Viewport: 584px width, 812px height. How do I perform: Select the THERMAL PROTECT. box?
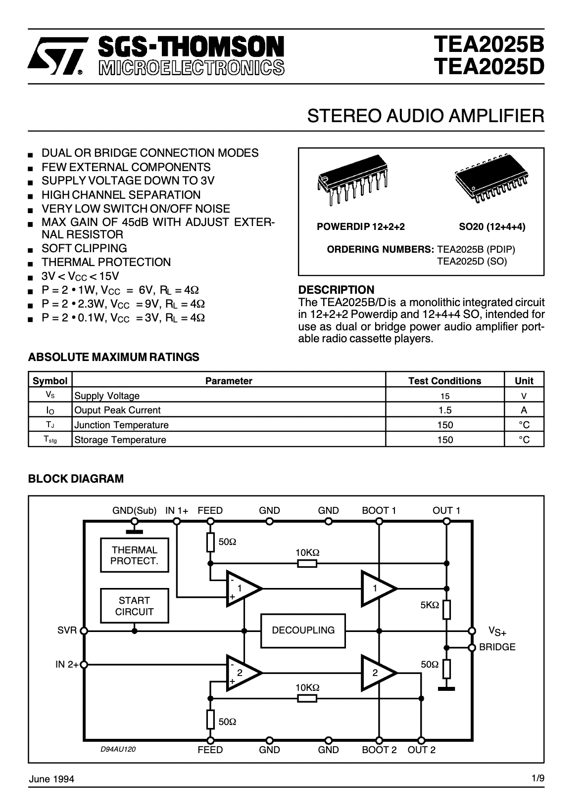point(134,555)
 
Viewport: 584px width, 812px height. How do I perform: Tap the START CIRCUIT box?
point(134,606)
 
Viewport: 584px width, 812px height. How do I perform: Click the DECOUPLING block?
point(303,630)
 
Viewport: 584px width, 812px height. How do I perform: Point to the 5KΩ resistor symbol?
point(446,609)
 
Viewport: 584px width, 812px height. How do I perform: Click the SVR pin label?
point(67,631)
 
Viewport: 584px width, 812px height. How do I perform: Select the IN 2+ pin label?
point(67,665)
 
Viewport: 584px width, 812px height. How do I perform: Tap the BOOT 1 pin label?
point(379,510)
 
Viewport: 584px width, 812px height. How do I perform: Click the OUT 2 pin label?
point(421,750)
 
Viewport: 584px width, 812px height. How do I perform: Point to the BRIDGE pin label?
point(497,647)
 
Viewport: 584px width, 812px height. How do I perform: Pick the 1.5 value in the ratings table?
point(444,410)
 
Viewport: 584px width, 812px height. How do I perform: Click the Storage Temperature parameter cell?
point(120,440)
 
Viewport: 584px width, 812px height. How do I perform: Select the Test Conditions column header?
point(444,381)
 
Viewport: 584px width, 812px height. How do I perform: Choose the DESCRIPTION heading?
point(337,290)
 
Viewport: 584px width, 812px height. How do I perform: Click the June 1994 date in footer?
point(51,779)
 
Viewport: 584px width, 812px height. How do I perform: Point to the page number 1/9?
point(538,778)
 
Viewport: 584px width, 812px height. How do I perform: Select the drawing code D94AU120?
point(118,749)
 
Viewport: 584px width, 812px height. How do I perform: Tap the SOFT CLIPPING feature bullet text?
point(84,248)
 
